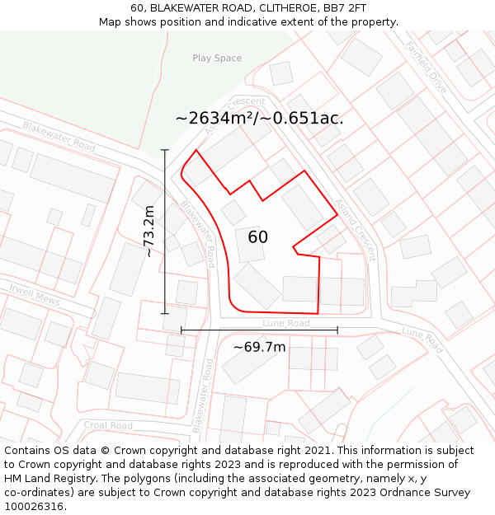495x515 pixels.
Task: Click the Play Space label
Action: [217, 59]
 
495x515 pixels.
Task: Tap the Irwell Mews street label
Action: [35, 295]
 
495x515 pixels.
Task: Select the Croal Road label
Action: [108, 426]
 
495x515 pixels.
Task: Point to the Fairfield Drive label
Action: [426, 67]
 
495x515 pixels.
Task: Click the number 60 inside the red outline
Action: [257, 237]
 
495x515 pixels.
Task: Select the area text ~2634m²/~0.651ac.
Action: [259, 118]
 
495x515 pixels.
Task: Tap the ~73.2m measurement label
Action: [149, 232]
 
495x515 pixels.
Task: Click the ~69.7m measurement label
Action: [259, 347]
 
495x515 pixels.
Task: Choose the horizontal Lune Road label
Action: [286, 324]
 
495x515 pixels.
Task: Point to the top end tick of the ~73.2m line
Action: [165, 150]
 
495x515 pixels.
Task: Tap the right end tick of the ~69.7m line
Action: [337, 330]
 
